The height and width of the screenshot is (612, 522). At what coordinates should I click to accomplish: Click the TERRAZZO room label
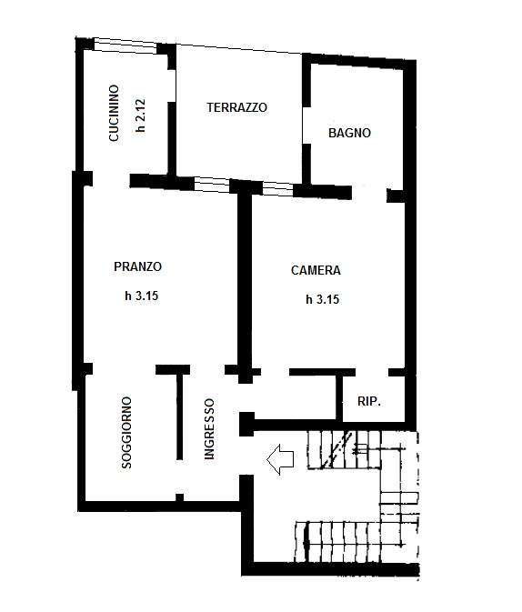point(237,107)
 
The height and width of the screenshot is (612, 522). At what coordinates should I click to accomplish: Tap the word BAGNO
point(349,133)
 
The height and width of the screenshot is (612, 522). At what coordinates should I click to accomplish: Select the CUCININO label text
point(114,113)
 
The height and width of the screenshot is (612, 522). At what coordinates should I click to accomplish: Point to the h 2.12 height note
point(141,115)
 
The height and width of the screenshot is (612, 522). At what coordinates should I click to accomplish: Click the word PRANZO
point(138,266)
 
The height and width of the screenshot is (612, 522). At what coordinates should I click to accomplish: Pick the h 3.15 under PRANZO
point(141,296)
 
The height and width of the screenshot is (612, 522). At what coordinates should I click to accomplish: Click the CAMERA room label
point(316,270)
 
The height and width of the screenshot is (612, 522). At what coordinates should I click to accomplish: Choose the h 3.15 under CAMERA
point(323,299)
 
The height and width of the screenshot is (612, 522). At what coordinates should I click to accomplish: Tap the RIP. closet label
point(369,401)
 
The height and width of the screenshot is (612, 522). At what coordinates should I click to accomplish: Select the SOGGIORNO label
point(126,433)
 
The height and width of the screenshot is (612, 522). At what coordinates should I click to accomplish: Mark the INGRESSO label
point(210,429)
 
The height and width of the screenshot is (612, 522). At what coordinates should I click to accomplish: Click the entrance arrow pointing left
point(280,459)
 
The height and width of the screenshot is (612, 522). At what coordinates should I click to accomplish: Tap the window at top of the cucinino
point(125,46)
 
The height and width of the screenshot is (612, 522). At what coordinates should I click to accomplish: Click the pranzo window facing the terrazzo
point(212,185)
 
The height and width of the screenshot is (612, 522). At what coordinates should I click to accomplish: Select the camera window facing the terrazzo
point(277,189)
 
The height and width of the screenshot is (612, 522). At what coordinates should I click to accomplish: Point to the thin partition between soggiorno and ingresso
point(179,416)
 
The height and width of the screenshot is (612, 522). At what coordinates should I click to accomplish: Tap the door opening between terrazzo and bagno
point(306,125)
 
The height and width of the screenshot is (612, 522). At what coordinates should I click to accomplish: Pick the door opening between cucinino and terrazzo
point(172,86)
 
